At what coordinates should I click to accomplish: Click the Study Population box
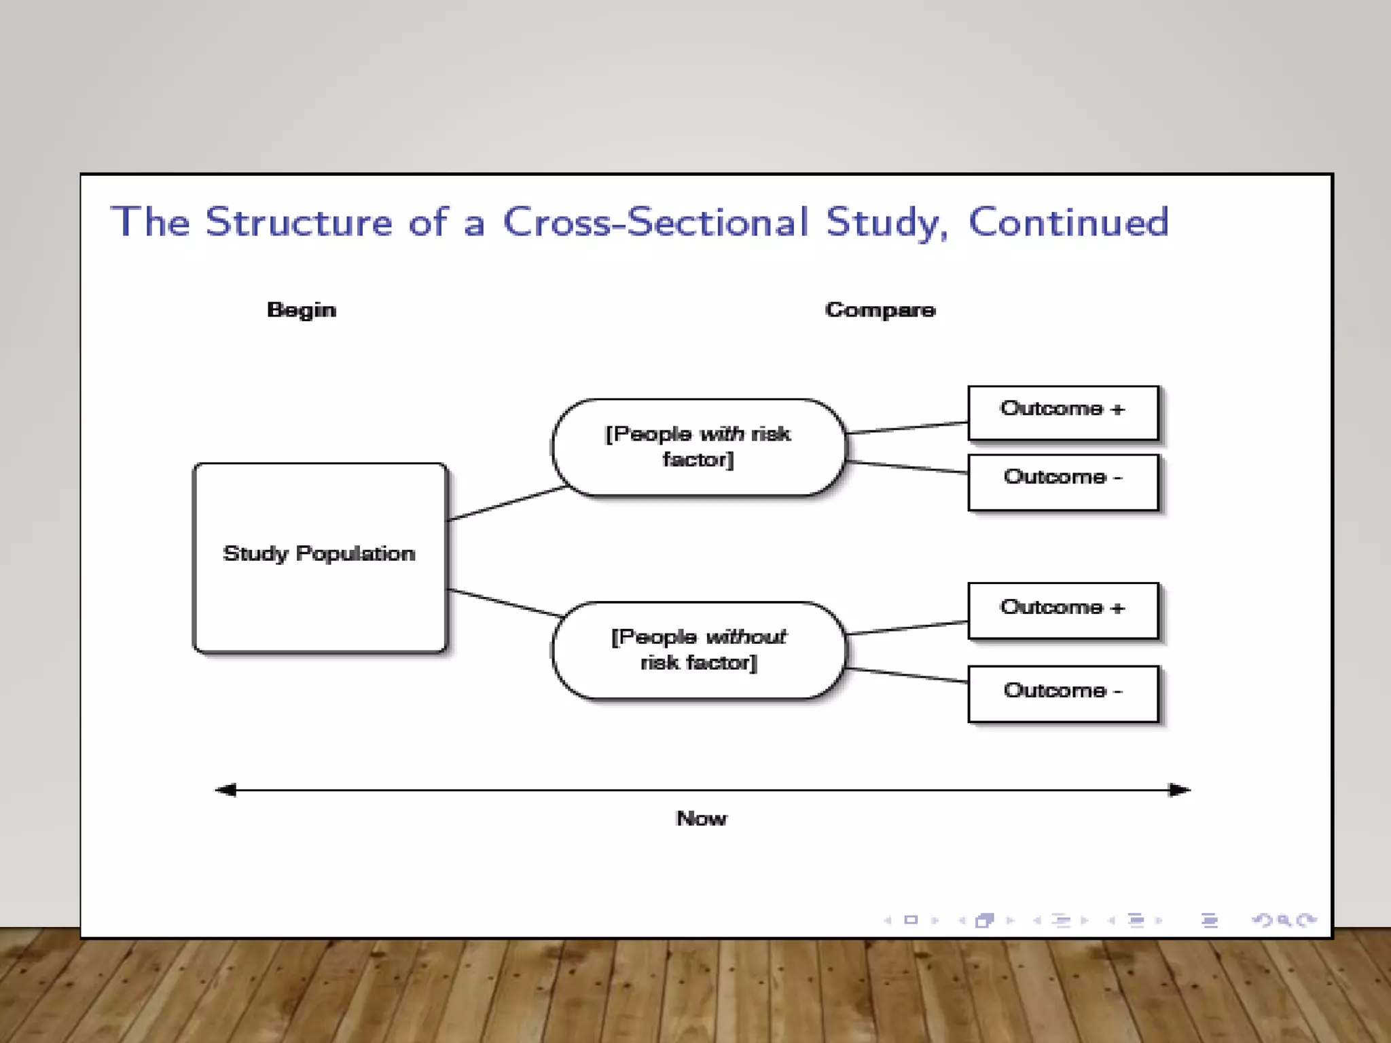[x=319, y=557]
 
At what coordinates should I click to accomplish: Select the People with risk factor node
[x=698, y=447]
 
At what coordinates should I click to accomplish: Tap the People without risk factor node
[x=698, y=650]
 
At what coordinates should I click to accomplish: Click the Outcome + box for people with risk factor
[x=1062, y=413]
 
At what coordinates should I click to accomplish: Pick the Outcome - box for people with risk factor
[x=1062, y=481]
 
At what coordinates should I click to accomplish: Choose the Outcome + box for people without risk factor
[x=1062, y=610]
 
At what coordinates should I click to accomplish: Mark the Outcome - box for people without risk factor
[x=1062, y=693]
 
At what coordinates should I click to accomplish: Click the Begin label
[x=302, y=310]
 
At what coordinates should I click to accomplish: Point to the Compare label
[x=880, y=310]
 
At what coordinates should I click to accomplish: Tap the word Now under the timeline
[x=701, y=818]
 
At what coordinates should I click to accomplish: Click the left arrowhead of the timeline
[x=226, y=790]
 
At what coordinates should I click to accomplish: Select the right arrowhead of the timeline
[x=1179, y=790]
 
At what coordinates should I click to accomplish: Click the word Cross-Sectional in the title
[x=655, y=223]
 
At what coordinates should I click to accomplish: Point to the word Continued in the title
[x=1068, y=223]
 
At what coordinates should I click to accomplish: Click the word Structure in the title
[x=299, y=223]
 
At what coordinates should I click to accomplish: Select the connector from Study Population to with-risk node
[x=506, y=503]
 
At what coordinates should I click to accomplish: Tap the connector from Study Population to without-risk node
[x=506, y=603]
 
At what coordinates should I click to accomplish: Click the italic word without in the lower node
[x=746, y=637]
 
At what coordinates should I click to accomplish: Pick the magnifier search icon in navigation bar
[x=1283, y=921]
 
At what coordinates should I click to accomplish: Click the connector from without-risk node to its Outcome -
[x=907, y=675]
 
